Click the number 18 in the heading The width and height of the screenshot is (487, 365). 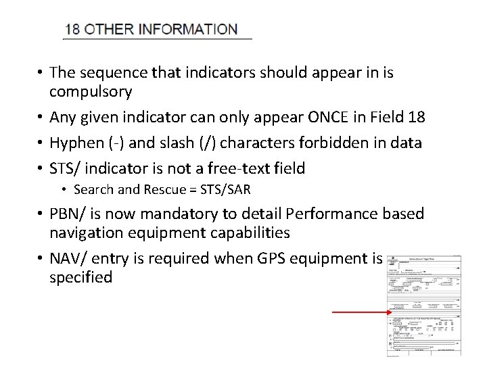72,30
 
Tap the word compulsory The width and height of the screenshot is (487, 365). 91,91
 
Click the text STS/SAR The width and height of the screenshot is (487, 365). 226,190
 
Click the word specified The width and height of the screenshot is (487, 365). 80,277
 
